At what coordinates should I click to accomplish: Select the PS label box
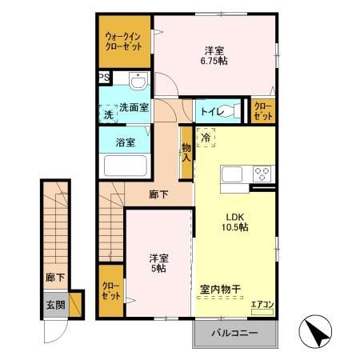point(103,78)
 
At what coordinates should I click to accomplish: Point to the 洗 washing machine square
point(108,114)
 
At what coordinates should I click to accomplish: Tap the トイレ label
point(212,111)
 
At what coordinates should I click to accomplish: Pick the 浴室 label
point(125,142)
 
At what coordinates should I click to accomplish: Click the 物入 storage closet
point(186,152)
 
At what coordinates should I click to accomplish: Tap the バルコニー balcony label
point(234,332)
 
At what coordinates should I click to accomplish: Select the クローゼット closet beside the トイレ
point(262,111)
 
